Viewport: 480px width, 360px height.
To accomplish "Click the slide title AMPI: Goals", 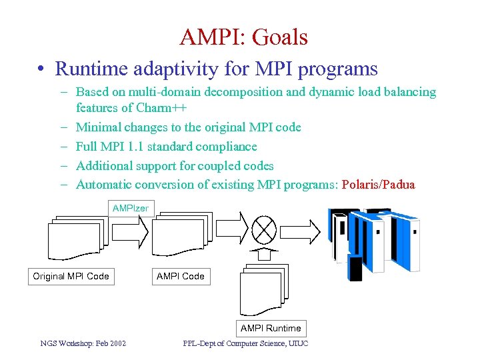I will (243, 37).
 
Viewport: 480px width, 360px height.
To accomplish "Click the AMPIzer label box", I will (131, 209).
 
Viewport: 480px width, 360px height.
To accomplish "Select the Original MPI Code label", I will (71, 276).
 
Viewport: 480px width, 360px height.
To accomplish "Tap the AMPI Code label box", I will (180, 276).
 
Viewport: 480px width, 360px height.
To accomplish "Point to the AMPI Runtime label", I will (271, 328).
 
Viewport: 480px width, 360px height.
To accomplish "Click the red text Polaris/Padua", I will (378, 185).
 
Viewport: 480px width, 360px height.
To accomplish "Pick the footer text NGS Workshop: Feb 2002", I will (83, 344).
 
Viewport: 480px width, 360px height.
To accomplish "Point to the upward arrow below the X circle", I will (265, 253).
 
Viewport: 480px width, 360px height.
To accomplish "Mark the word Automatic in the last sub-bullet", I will (105, 185).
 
